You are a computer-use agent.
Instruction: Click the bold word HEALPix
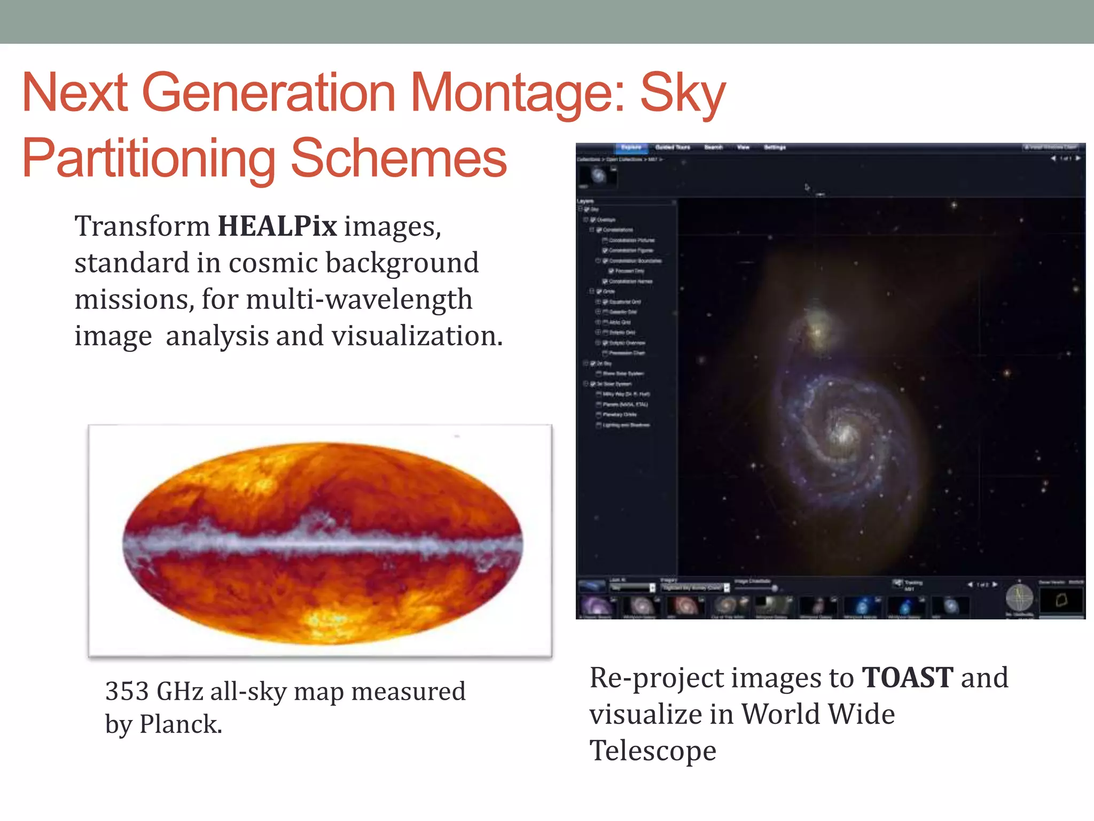click(x=277, y=226)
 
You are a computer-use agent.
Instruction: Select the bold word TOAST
click(x=908, y=678)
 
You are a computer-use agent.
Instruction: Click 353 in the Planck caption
click(x=127, y=691)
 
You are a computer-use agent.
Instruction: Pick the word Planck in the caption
click(x=180, y=725)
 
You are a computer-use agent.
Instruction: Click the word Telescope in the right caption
click(x=652, y=750)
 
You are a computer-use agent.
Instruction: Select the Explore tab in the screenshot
click(x=631, y=147)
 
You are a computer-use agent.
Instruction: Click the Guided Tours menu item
click(x=673, y=147)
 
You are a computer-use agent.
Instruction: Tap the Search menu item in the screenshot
click(x=713, y=147)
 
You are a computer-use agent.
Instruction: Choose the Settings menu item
click(x=775, y=147)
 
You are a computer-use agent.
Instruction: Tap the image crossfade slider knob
click(x=774, y=588)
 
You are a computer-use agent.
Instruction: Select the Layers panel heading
click(x=585, y=201)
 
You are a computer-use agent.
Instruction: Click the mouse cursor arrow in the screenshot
click(x=807, y=187)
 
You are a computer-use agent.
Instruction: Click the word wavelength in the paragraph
click(x=398, y=299)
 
